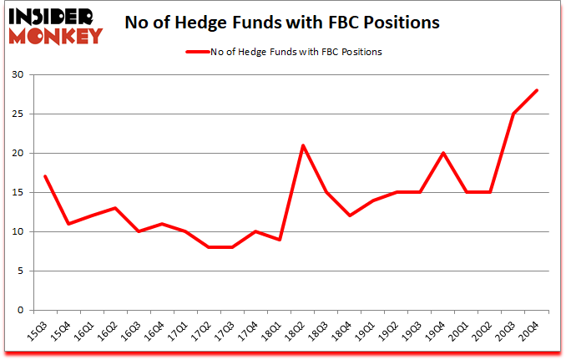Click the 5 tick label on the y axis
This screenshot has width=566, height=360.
point(19,271)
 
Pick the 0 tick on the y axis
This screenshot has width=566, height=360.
point(19,311)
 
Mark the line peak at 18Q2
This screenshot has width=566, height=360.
point(303,145)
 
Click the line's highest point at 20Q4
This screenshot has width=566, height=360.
point(538,90)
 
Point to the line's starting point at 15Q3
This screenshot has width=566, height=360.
point(44,176)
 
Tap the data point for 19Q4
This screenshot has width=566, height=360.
point(443,153)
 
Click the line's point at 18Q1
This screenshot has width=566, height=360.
point(280,240)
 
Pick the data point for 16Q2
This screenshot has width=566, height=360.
point(115,208)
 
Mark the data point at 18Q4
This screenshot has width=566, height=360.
point(350,215)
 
